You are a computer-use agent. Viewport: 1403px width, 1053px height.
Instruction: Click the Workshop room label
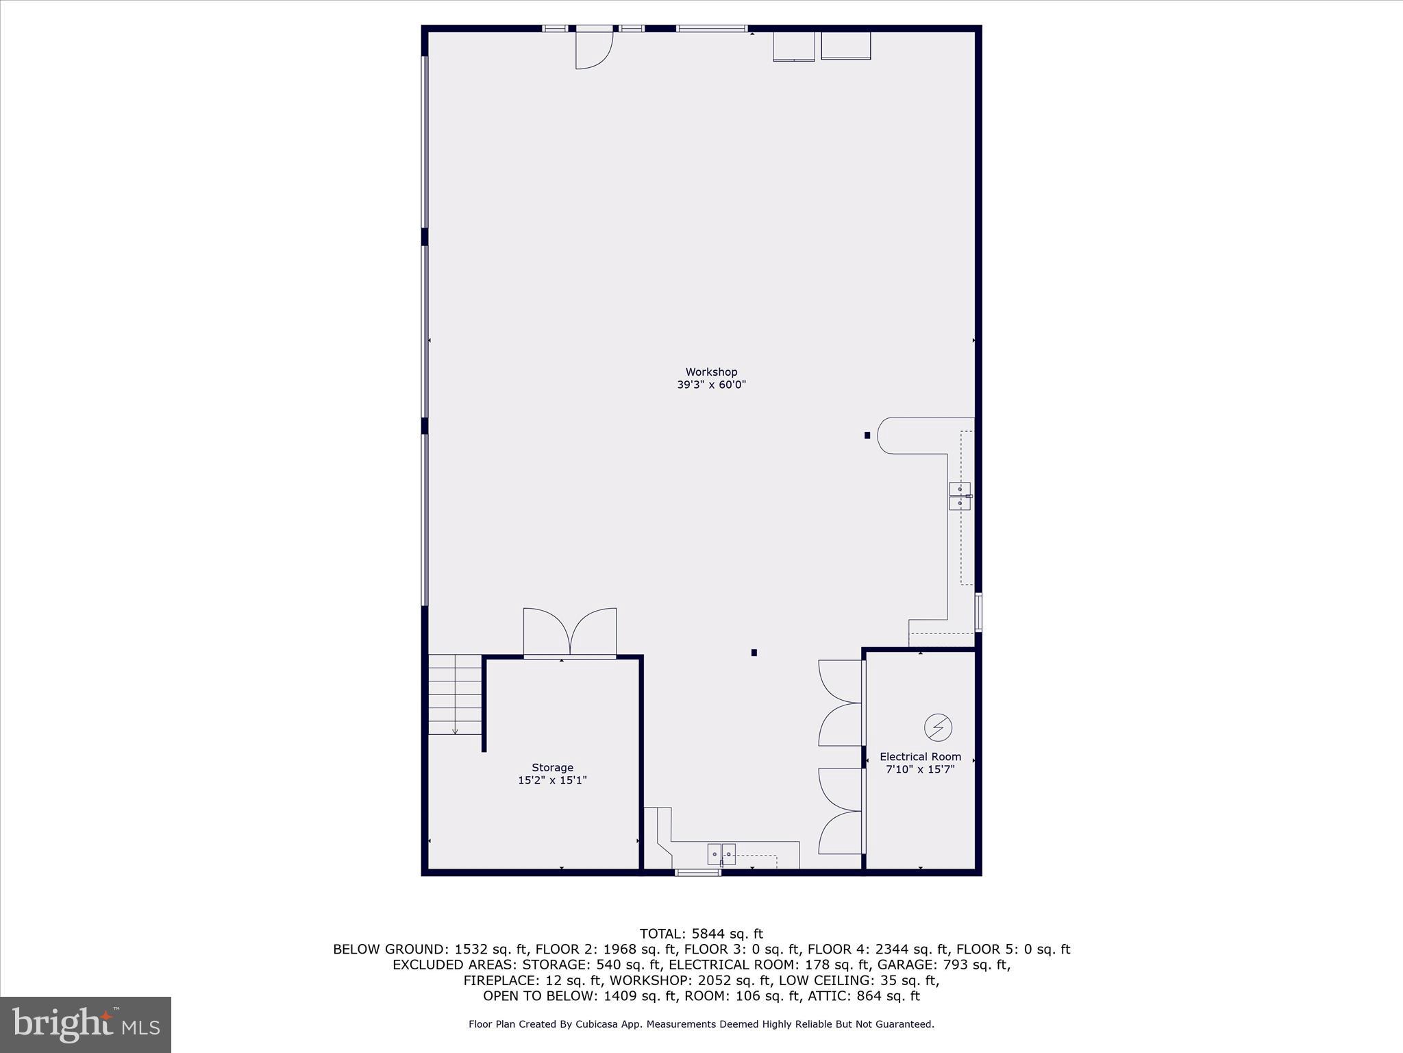click(x=711, y=372)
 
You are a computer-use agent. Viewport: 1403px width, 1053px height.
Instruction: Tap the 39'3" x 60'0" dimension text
click(x=711, y=385)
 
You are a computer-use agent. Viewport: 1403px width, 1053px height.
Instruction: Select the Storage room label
click(x=552, y=768)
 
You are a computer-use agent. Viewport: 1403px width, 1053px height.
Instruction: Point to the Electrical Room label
click(x=920, y=757)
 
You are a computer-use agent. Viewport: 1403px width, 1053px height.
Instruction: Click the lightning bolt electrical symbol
click(x=938, y=727)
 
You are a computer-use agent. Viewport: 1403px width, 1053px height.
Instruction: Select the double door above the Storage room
click(x=570, y=632)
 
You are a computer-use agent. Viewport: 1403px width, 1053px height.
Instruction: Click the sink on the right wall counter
click(x=960, y=496)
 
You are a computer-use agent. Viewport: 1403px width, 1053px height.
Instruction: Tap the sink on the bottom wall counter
click(x=721, y=854)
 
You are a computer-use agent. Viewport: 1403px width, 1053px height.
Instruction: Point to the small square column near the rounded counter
click(x=867, y=435)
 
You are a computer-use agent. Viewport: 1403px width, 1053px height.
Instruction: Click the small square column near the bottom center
click(x=754, y=653)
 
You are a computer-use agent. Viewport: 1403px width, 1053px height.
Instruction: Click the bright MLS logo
click(x=86, y=1024)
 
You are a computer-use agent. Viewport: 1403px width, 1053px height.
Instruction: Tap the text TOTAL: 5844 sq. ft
click(x=701, y=934)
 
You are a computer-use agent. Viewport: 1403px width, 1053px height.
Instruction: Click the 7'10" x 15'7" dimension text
click(x=920, y=770)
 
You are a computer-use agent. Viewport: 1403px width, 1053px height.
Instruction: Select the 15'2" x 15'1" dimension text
click(x=552, y=780)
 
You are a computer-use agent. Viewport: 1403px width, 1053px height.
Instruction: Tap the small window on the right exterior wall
click(x=978, y=612)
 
